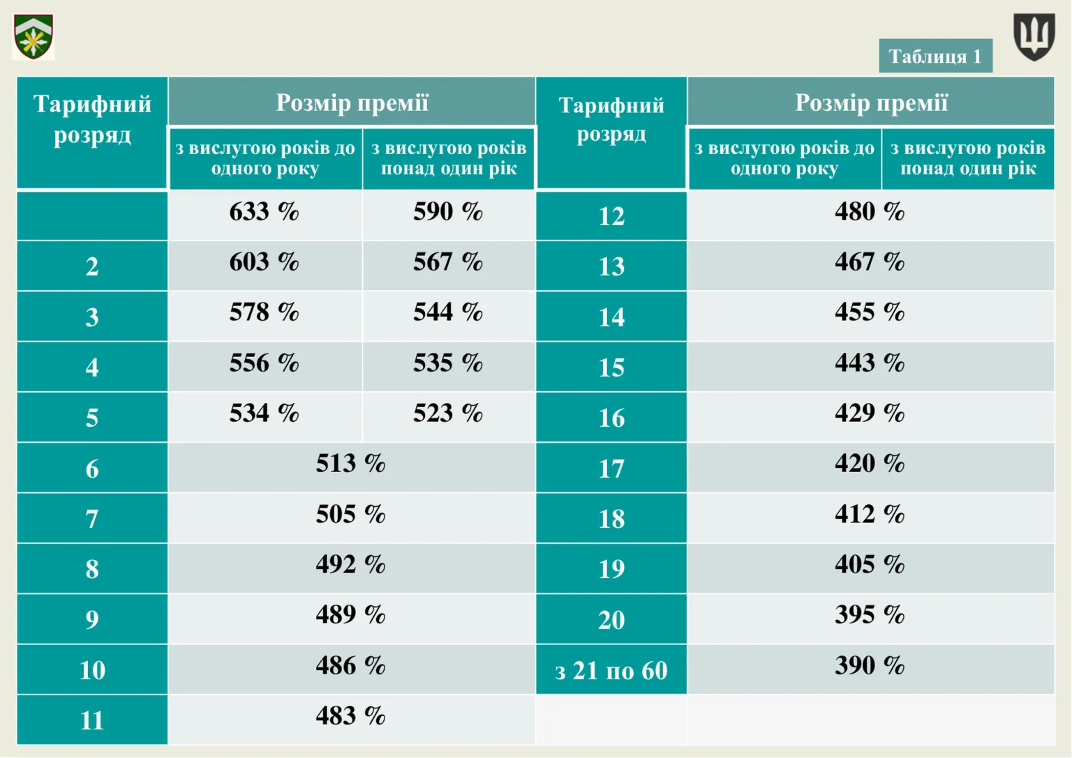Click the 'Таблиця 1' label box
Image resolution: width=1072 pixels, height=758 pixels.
pos(935,56)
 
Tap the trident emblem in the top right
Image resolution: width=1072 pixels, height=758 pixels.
pos(1034,36)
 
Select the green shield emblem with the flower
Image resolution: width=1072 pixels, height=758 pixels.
pos(33,37)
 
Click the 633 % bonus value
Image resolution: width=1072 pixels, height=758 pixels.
pos(264,211)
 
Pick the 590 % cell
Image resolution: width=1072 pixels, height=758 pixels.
pos(447,211)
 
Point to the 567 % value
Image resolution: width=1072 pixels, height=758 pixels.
pos(447,262)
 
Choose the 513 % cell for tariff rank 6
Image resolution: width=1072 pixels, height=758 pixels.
pos(350,464)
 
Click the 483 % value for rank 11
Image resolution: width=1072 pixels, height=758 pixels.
pos(350,716)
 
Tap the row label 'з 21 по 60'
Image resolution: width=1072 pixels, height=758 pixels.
pos(611,671)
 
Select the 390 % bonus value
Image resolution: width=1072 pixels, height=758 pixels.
pos(870,666)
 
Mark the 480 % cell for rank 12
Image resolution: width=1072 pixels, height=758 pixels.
pos(870,211)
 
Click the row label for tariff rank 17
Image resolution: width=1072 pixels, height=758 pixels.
pos(611,469)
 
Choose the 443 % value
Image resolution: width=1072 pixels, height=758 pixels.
pos(870,363)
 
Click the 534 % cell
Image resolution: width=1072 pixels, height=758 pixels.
pos(264,414)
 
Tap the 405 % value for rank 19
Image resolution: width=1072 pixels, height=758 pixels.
pos(870,565)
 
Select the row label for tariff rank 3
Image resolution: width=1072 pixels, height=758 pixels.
pos(92,317)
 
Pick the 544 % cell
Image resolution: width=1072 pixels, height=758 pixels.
pos(447,312)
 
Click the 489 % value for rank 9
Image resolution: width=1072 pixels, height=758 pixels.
pos(350,615)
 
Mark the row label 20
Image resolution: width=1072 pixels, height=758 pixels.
pos(611,620)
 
